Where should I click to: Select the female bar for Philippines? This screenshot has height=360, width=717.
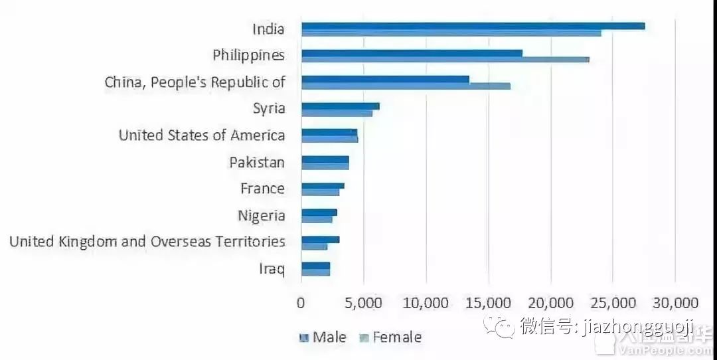click(x=445, y=59)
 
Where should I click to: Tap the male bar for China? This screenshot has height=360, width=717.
click(x=385, y=79)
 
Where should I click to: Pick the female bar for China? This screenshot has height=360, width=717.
click(x=406, y=86)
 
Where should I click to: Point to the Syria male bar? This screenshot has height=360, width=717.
click(x=340, y=106)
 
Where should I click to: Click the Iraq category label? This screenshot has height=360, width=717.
click(x=272, y=269)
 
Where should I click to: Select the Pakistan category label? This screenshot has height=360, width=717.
click(x=257, y=162)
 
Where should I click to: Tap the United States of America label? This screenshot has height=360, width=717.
click(x=202, y=135)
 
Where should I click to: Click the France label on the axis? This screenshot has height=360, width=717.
click(x=262, y=189)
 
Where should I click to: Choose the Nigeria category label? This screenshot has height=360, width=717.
click(x=262, y=216)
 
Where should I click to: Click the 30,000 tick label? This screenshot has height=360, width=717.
click(x=675, y=303)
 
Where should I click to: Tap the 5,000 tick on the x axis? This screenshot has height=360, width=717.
click(x=364, y=303)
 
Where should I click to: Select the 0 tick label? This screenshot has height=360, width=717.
click(x=301, y=303)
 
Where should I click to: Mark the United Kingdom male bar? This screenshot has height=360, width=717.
click(x=320, y=239)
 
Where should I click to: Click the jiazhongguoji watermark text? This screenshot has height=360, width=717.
click(x=637, y=326)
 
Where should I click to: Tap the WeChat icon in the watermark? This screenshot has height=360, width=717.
click(x=499, y=326)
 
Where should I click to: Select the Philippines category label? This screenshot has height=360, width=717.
click(x=248, y=55)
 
